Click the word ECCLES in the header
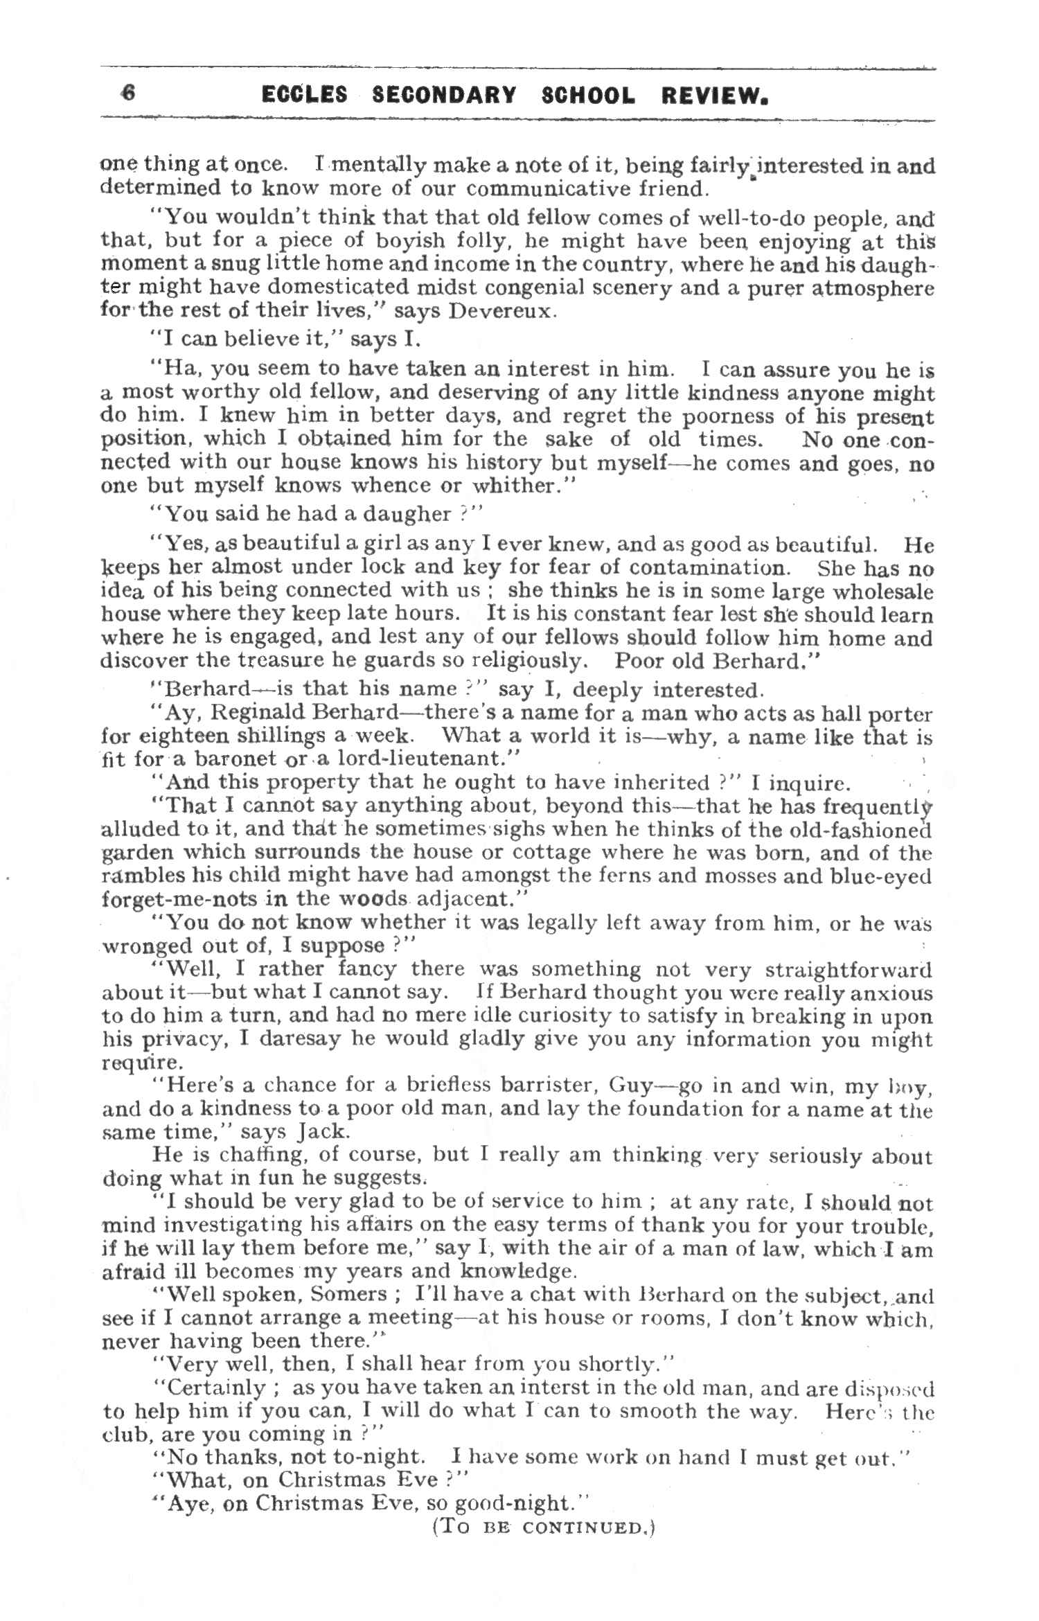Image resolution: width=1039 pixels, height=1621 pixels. pos(304,95)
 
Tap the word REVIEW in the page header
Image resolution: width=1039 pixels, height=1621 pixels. pos(714,95)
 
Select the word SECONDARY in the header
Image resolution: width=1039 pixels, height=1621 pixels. pos(444,95)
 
